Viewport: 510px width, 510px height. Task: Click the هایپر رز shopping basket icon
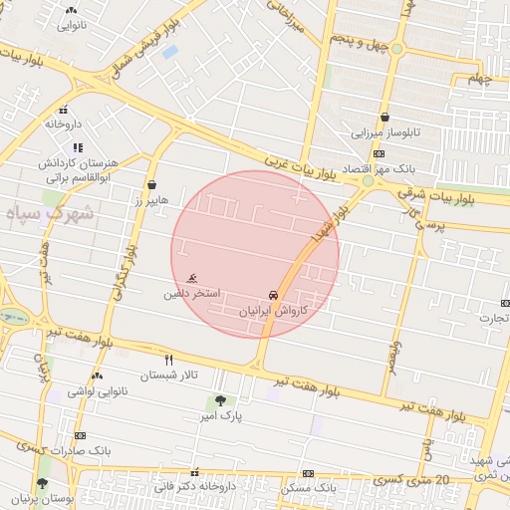(x=151, y=184)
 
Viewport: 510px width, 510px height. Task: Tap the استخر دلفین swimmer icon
(x=190, y=279)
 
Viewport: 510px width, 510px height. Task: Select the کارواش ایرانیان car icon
(x=273, y=295)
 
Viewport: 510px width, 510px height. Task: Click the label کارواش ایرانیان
(x=273, y=311)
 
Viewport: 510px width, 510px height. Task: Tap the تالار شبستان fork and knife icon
(x=168, y=359)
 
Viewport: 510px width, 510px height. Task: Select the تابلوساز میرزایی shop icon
(x=384, y=117)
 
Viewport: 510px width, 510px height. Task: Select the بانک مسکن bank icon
(x=309, y=473)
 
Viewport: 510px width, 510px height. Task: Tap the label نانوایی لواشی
(x=96, y=391)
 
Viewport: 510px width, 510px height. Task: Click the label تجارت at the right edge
(x=494, y=319)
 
